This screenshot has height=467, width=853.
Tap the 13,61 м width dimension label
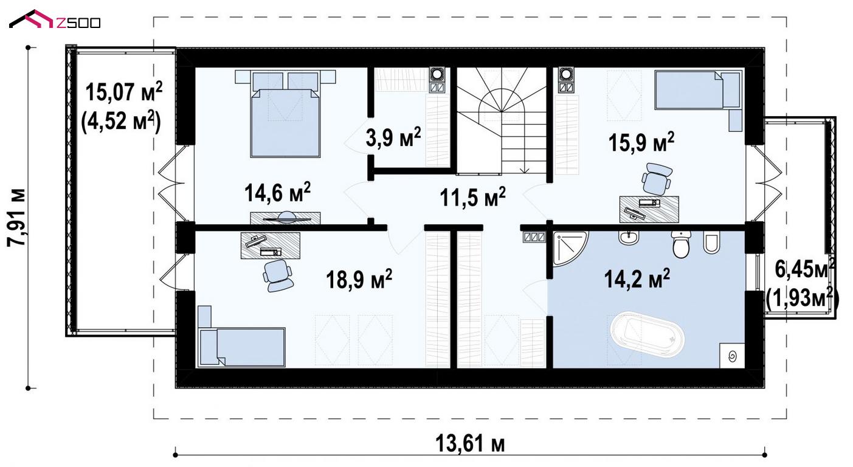(x=471, y=444)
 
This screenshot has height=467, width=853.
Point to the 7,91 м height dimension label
(x=17, y=218)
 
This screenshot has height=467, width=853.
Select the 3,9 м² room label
(x=393, y=137)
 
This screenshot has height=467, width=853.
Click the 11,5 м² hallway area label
(x=472, y=197)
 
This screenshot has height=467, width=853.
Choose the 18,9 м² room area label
(x=359, y=279)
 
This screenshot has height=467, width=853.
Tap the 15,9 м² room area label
(x=641, y=142)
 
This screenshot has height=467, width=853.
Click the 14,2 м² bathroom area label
(x=637, y=278)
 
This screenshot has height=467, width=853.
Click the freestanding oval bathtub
(x=648, y=335)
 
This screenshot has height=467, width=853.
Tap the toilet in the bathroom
(x=682, y=244)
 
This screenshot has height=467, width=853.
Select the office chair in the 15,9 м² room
(x=657, y=179)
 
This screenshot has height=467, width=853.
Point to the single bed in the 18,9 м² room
(x=241, y=336)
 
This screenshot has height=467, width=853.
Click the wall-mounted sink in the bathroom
(x=629, y=238)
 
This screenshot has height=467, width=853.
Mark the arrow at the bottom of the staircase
(x=525, y=169)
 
